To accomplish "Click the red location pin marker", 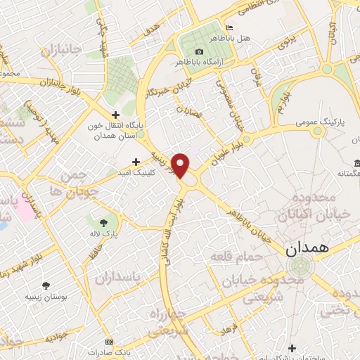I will coord(181,166).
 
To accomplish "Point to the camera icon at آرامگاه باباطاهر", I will coord(199,51).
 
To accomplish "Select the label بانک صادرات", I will coord(124,351).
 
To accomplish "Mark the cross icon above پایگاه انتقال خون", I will coord(116,114).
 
